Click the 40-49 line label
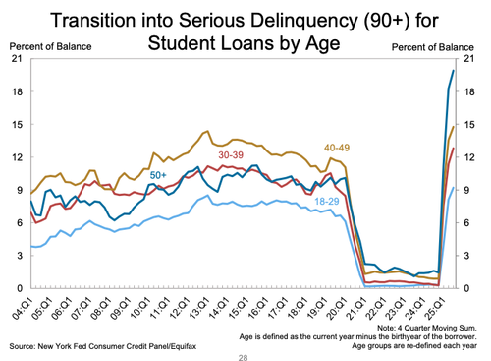[x=342, y=148]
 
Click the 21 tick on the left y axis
[x=17, y=60]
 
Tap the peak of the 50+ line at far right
[x=453, y=70]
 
